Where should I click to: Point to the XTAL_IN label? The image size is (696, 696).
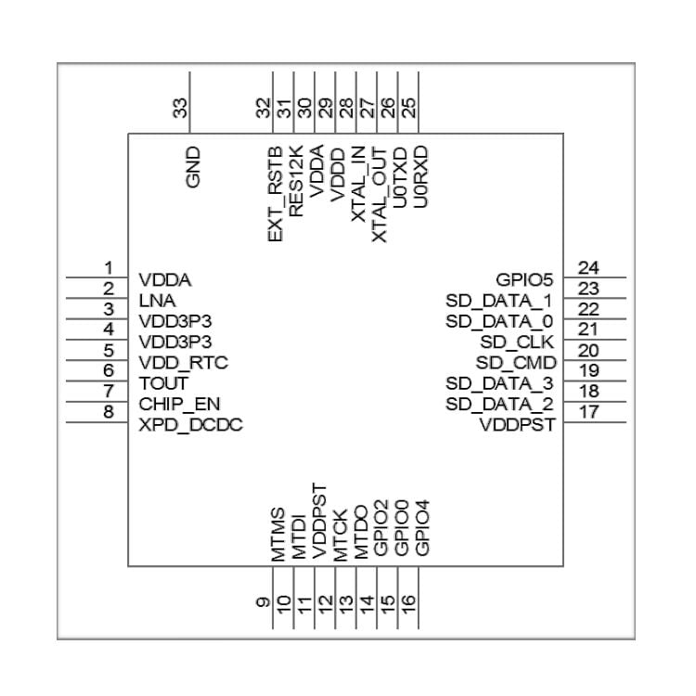[x=358, y=189]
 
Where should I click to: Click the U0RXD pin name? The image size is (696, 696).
[x=420, y=174]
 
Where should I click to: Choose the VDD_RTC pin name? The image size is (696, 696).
[x=184, y=362]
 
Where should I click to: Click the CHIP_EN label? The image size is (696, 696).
[x=180, y=404]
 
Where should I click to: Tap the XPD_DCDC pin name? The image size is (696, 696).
[x=191, y=424]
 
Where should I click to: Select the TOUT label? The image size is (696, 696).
[x=163, y=382]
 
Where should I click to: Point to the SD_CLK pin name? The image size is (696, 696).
[x=523, y=342]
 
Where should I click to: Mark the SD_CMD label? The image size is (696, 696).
[x=517, y=362]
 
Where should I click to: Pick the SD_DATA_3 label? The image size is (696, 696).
[x=500, y=382]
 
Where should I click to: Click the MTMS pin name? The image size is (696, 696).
[x=277, y=534]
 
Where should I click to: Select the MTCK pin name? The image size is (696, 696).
[x=340, y=535]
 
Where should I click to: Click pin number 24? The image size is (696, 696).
[x=586, y=267]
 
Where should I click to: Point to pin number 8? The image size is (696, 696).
[x=109, y=412]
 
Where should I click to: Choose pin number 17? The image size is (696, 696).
[x=586, y=412]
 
